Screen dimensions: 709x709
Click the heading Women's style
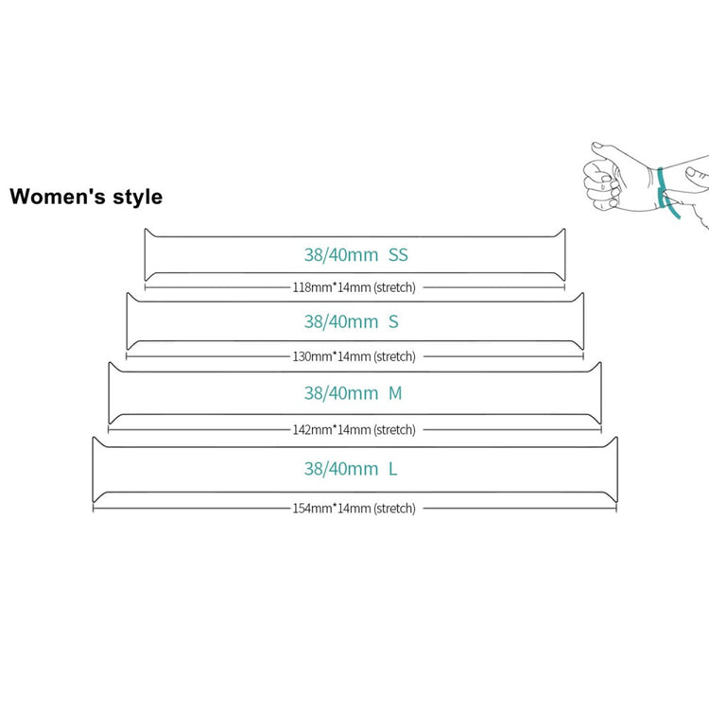tap(86, 197)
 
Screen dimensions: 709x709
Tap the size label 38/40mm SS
tap(355, 254)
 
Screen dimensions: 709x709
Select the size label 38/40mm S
tap(352, 321)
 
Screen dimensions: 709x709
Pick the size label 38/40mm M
tap(354, 393)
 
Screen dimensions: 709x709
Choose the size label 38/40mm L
tap(351, 468)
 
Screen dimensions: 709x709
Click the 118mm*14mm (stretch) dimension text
tap(354, 286)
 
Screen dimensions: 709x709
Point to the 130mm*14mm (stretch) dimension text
tap(354, 356)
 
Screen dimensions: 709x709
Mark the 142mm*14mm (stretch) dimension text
tap(354, 429)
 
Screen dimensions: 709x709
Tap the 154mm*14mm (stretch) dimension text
tap(354, 508)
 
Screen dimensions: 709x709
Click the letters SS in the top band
tap(398, 254)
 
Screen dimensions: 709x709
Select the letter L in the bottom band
tap(392, 468)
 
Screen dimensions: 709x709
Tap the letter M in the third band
tap(395, 393)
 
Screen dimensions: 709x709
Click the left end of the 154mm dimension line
tap(93, 508)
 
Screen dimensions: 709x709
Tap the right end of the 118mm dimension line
tap(566, 286)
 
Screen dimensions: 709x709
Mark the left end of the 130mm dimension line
tap(127, 356)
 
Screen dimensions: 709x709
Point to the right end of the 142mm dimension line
tap(601, 429)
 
